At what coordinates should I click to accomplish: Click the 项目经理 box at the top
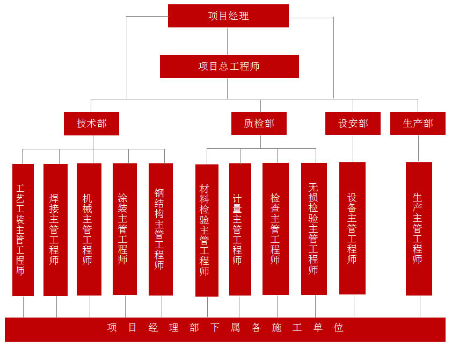pos(228,16)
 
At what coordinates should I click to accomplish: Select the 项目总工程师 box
pos(229,66)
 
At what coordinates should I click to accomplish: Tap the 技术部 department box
pos(91,124)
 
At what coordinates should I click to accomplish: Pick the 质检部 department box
pos(259,124)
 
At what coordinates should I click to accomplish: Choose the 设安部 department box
pos(353,124)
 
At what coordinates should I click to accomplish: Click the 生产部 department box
pos(418,124)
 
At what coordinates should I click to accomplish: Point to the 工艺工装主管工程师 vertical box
pos(23,229)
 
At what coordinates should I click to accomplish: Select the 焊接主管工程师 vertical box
pos(55,229)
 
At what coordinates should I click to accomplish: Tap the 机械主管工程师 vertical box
pos(89,229)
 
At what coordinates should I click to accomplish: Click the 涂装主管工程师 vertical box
pos(125,229)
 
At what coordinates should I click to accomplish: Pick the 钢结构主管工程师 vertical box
pos(161,229)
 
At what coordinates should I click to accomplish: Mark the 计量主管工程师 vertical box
pos(240,229)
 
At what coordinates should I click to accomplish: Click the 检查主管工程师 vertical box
pos(275,229)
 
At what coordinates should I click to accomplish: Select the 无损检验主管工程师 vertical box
pos(314,229)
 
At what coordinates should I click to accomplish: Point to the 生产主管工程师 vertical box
pos(419,229)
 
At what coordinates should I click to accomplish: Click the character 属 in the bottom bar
pos(235,328)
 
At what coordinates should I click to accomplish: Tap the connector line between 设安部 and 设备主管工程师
pos(353,149)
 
